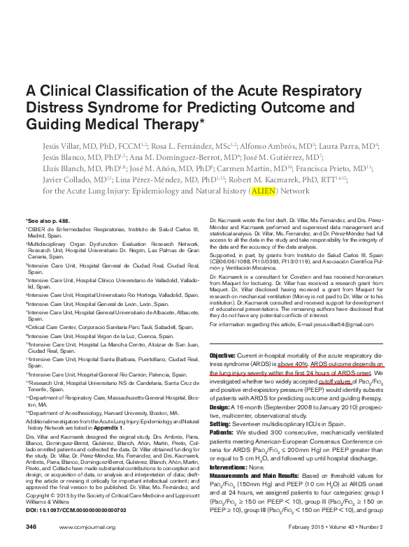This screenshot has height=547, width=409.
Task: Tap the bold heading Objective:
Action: (223, 356)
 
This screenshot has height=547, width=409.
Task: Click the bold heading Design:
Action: (222, 406)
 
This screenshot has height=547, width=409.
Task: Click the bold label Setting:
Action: (222, 423)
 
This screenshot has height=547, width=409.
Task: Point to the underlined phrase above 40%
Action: (292, 364)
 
